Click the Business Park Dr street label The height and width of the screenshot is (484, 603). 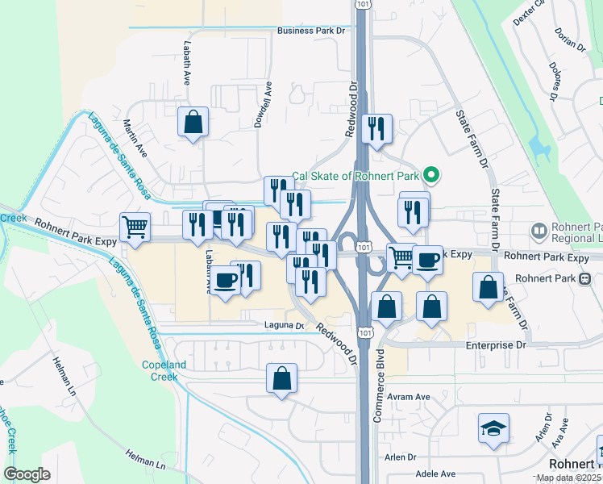click(x=310, y=31)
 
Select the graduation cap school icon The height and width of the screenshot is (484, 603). click(x=493, y=428)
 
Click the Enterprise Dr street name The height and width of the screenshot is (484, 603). click(x=496, y=344)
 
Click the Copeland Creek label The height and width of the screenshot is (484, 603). click(x=165, y=370)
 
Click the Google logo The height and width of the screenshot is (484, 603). click(x=27, y=474)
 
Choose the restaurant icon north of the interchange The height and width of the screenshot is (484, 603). click(x=376, y=128)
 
